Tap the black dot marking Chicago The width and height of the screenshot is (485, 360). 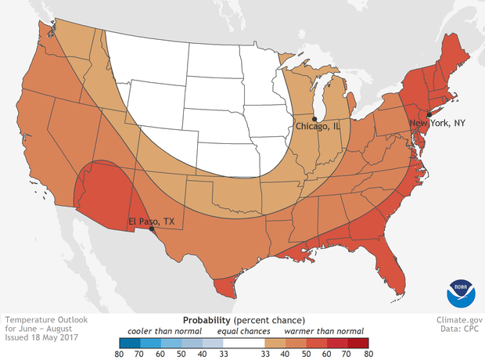click(314, 118)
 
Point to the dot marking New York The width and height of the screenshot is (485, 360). click(429, 115)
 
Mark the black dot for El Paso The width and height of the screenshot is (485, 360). click(151, 230)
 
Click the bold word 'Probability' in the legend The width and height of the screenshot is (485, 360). click(206, 320)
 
